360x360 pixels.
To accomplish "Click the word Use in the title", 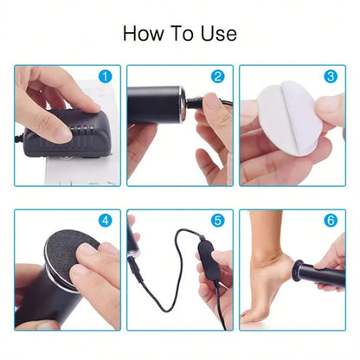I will coord(217,34).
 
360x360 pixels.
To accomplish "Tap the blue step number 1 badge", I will coord(106,77).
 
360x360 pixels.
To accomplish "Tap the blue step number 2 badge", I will coord(217,77).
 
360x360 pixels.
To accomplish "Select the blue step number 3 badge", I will coord(330,77).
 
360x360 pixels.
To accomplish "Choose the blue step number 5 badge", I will coord(217,221).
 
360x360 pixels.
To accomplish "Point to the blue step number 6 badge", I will coord(330,221).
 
